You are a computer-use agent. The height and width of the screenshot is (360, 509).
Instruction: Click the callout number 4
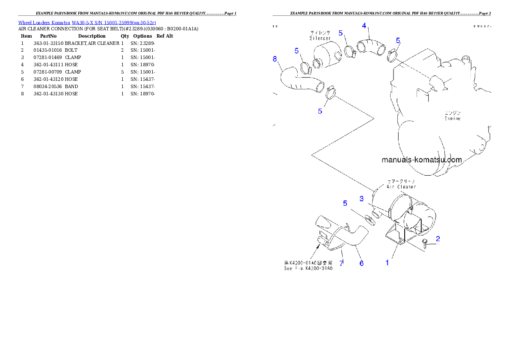tap(364, 26)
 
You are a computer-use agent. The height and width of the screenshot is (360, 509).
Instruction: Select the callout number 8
tap(275, 59)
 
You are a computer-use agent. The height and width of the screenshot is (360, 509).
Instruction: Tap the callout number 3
tap(361, 198)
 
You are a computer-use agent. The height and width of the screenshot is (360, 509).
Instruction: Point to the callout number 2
tap(438, 239)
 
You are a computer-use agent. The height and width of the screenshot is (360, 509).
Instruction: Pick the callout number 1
tap(388, 263)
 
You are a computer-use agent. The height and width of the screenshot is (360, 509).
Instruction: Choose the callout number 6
tap(361, 263)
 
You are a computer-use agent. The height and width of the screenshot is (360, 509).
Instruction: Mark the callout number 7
tap(341, 263)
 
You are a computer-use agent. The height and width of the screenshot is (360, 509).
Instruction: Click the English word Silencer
tap(320, 38)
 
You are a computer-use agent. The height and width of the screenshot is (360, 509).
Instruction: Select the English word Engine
tap(452, 118)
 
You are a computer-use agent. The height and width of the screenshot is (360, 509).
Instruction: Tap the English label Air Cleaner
tap(401, 187)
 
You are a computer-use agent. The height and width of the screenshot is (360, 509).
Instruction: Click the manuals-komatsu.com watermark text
tap(421, 160)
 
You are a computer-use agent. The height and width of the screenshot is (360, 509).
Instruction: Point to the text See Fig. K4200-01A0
tap(308, 269)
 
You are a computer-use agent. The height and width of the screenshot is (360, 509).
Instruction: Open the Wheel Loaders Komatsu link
tap(87, 22)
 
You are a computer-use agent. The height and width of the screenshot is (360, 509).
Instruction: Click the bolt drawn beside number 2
tap(425, 243)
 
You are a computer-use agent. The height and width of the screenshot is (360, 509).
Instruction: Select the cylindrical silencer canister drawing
tap(326, 57)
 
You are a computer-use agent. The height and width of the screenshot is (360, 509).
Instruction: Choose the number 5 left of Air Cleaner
tap(345, 204)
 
